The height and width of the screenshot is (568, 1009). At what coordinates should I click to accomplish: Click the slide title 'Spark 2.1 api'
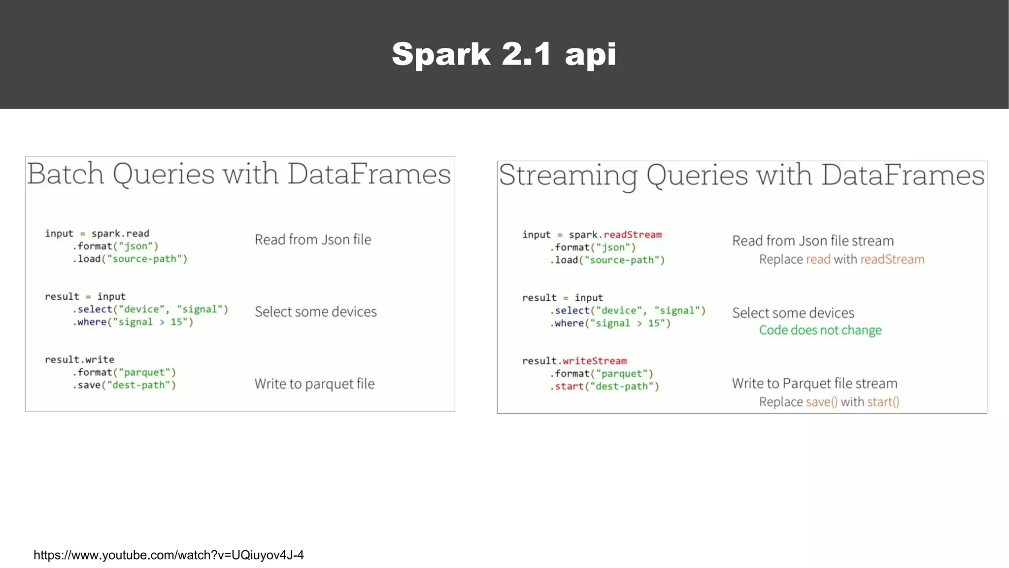(x=504, y=54)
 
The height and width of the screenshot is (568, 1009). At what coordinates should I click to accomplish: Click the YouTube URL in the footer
(x=168, y=555)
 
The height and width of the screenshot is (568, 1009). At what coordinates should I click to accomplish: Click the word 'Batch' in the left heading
(x=66, y=174)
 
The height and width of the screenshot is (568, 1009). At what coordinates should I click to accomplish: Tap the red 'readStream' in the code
(x=633, y=235)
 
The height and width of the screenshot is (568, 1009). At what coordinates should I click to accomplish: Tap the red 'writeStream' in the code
(x=595, y=361)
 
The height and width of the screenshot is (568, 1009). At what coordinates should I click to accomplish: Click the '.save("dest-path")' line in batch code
(x=124, y=385)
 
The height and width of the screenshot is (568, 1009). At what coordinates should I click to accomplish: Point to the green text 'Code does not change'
(x=820, y=330)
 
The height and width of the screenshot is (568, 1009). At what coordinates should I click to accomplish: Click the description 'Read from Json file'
(x=313, y=240)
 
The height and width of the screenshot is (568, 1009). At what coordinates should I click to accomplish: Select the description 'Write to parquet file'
(x=314, y=384)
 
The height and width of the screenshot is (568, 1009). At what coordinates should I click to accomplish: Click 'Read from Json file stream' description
(x=812, y=241)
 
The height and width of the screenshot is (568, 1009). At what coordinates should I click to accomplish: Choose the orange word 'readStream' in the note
(x=892, y=260)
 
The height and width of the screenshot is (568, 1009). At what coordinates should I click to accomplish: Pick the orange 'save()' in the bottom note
(x=821, y=402)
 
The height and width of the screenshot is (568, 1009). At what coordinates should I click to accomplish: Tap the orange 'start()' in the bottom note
(x=883, y=402)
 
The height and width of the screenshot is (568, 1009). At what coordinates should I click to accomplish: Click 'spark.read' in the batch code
(x=120, y=234)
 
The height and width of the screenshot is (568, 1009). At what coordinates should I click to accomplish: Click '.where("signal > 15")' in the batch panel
(x=133, y=322)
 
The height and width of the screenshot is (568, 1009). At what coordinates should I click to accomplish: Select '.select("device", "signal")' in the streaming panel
(x=628, y=311)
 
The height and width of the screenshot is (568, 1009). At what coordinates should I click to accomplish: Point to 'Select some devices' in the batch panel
(x=315, y=312)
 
